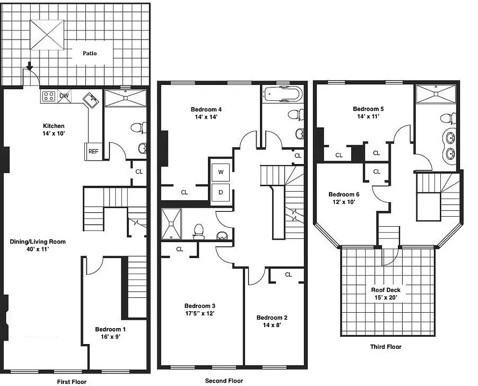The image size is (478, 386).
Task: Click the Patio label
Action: (x=89, y=53)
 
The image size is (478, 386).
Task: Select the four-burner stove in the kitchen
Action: (x=48, y=96)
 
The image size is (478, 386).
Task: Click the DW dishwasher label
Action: (x=64, y=96)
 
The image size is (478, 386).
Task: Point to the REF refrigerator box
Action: (x=93, y=151)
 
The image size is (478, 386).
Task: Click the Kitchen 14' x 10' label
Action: (x=54, y=129)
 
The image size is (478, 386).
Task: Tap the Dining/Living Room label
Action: (x=38, y=245)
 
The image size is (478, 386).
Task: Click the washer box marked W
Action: (x=221, y=172)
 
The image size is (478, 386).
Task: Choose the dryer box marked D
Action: (x=221, y=192)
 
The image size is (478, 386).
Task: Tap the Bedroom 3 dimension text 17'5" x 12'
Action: (x=200, y=313)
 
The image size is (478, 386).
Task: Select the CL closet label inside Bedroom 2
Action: (x=288, y=275)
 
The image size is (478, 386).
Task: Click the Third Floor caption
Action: (x=385, y=346)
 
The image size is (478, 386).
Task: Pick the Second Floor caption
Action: (x=224, y=381)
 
